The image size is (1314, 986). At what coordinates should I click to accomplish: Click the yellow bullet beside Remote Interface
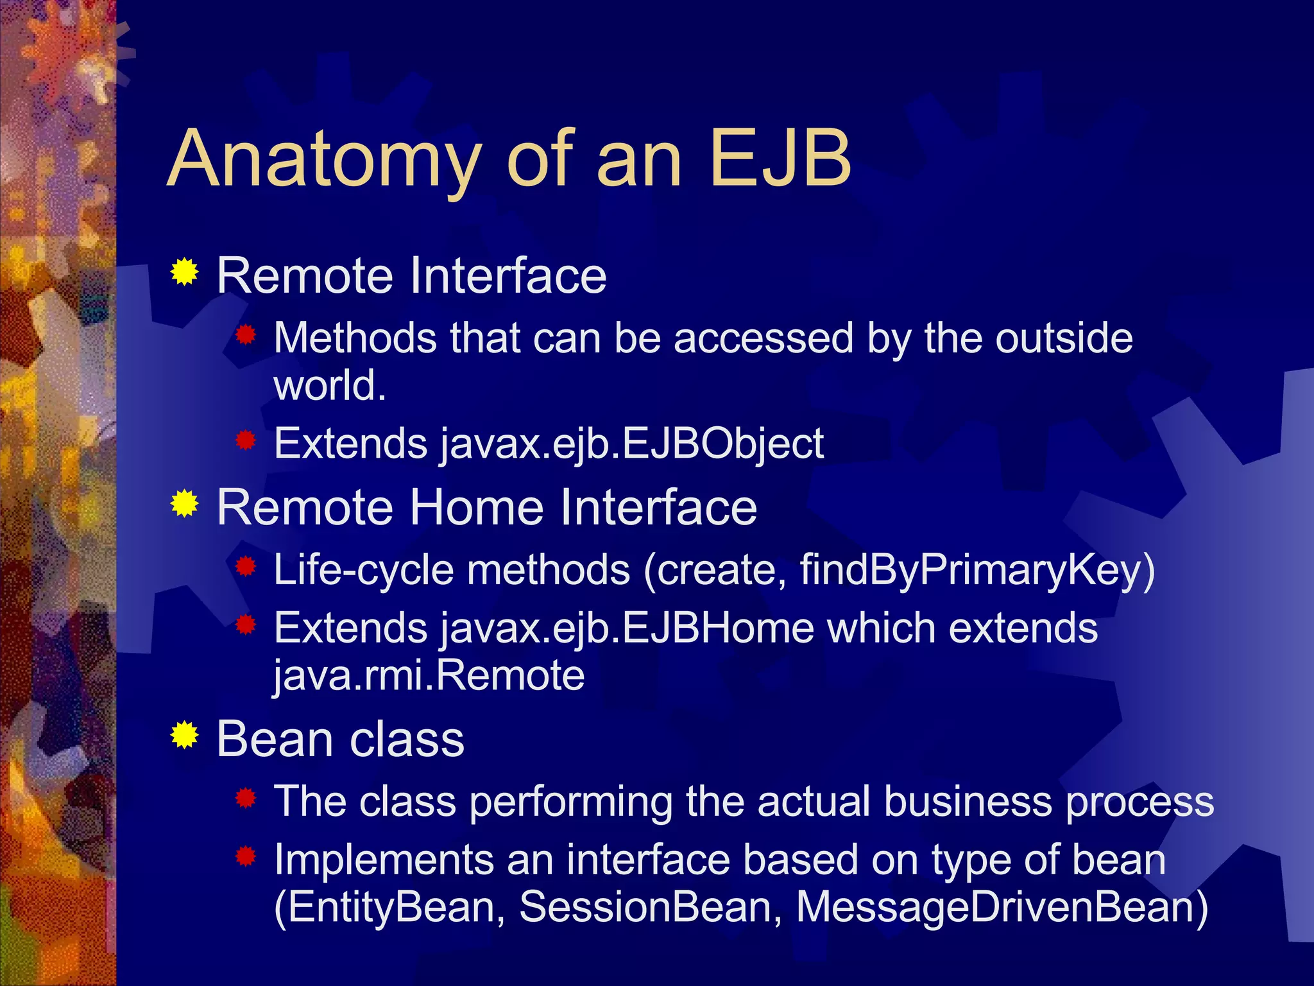(x=185, y=272)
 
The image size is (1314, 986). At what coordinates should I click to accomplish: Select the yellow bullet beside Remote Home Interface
(x=185, y=504)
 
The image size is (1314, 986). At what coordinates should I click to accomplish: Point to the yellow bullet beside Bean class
(x=185, y=735)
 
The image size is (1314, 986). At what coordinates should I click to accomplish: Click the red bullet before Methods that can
(x=246, y=334)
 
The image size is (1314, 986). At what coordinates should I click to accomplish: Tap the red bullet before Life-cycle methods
(x=246, y=566)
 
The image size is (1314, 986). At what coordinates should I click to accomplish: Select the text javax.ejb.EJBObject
(x=632, y=444)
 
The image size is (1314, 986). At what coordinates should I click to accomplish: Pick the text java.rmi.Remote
(x=429, y=675)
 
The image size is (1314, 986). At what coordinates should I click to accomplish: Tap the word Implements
(x=384, y=860)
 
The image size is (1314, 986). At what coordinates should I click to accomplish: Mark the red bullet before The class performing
(x=246, y=799)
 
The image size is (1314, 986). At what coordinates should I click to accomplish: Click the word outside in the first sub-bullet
(x=1064, y=338)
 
